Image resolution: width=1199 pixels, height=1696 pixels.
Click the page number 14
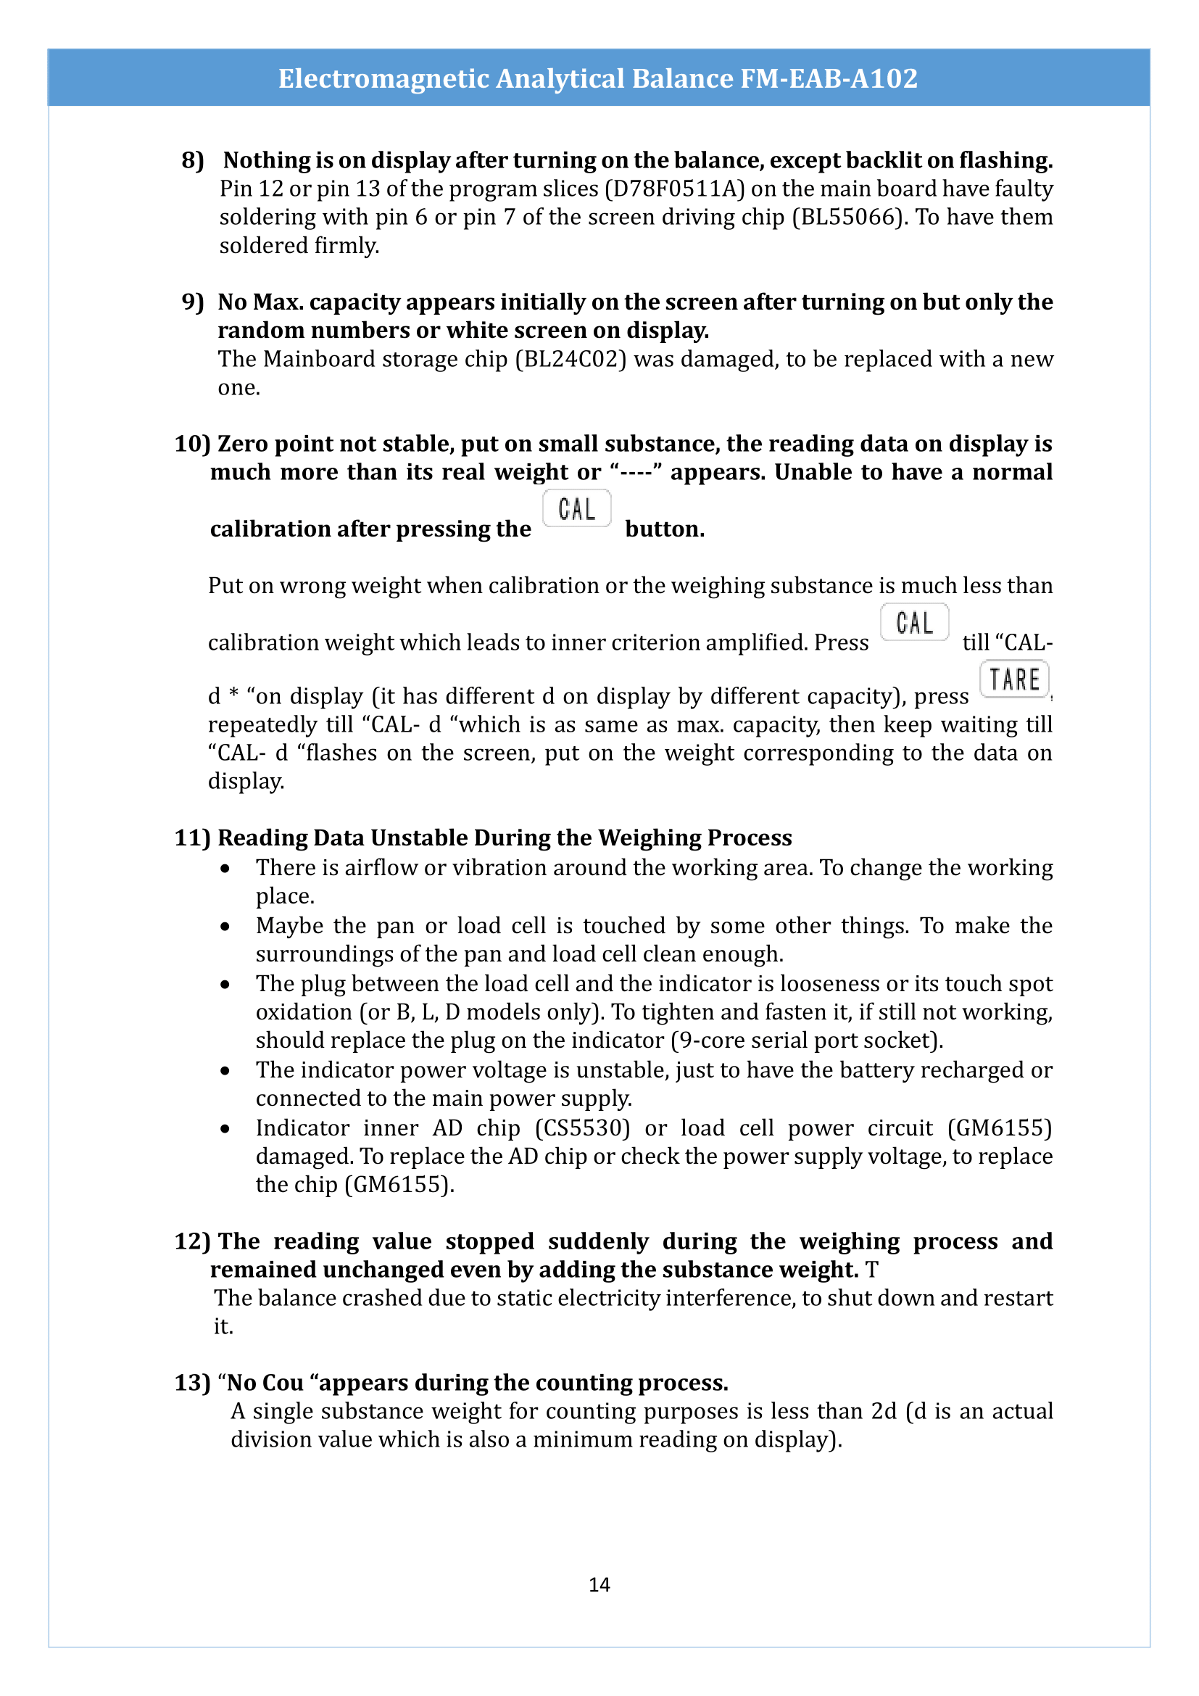point(599,1584)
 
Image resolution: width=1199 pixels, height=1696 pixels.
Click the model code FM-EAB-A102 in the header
point(829,78)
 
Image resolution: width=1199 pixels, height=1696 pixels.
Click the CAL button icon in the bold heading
point(576,509)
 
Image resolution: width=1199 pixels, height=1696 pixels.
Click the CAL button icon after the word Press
point(914,623)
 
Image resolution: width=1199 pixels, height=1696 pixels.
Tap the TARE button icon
point(1013,679)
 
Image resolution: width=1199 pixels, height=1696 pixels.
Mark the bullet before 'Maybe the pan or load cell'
point(225,926)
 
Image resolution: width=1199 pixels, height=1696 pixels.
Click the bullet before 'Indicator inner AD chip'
point(225,1129)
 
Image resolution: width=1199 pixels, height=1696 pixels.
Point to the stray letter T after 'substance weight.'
point(872,1270)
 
